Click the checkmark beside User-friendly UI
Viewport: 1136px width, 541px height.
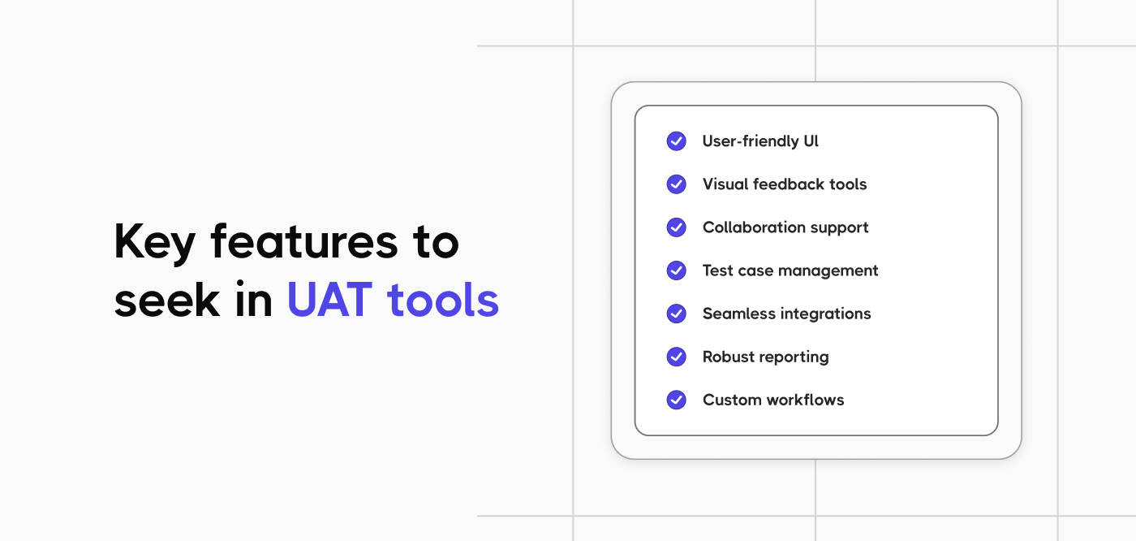(676, 141)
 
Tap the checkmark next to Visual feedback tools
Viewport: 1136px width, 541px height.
(676, 184)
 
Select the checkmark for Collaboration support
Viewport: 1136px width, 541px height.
(676, 227)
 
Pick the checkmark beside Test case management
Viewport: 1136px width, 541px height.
(676, 270)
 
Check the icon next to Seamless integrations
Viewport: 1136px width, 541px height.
(676, 314)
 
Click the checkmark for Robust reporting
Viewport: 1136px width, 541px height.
(676, 357)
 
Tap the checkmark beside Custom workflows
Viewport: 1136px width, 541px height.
(676, 400)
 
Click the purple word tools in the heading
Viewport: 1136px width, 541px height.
(443, 301)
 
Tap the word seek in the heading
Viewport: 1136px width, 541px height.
(167, 301)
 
